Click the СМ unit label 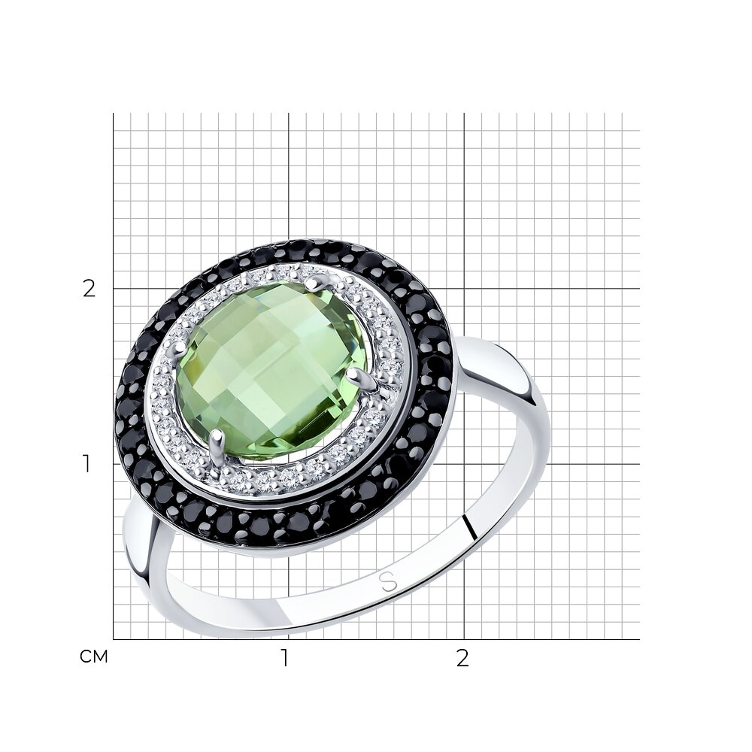94,656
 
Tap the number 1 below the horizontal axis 285,658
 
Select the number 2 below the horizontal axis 462,658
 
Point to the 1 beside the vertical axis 86,464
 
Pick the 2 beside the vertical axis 89,289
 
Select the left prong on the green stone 182,346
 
